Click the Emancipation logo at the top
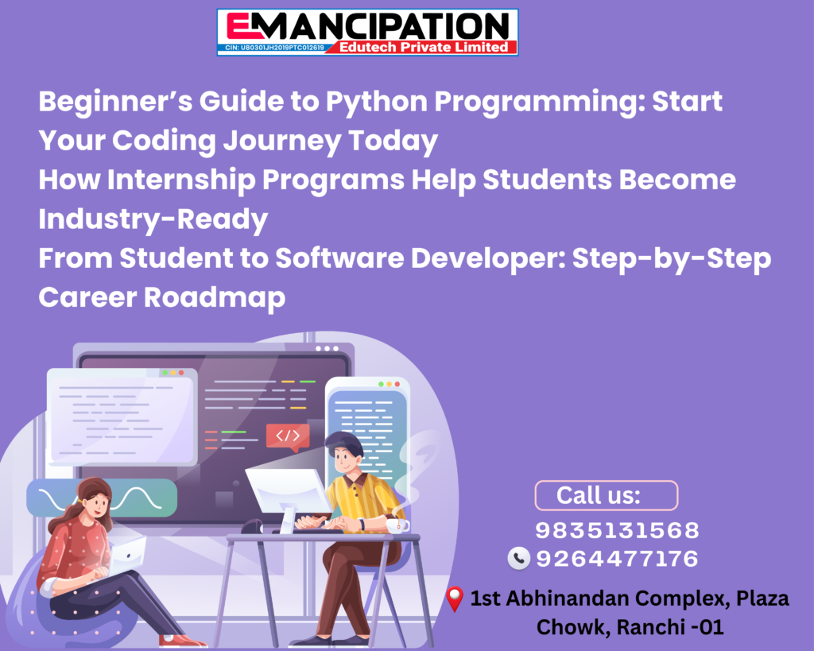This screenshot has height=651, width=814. pos(367,32)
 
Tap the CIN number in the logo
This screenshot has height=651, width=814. pos(274,48)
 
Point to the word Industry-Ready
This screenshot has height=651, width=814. pos(153,219)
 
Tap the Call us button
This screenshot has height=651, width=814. pos(607,495)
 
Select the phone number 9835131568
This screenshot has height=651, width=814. pos(617,530)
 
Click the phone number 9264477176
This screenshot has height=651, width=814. pos(617,559)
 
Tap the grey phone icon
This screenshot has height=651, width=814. pos(518,559)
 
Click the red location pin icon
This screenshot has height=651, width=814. pos(455,599)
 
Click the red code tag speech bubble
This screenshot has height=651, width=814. pos(288,436)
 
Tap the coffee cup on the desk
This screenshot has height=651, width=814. pos(397,525)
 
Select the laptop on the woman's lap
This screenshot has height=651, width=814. pos(127,556)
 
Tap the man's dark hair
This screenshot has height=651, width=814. pos(343,443)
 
